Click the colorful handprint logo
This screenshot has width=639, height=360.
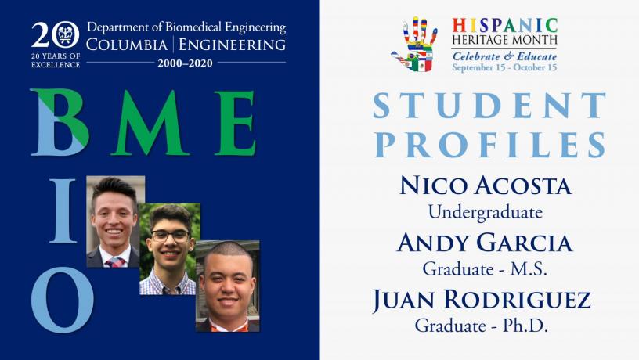pos(414,45)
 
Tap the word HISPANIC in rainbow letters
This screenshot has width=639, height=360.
pos(504,25)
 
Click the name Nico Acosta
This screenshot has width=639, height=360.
pos(485,185)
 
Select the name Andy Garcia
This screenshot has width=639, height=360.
pos(485,243)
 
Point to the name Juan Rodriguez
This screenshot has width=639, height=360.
pos(482,300)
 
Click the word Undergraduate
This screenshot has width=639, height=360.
pos(486,212)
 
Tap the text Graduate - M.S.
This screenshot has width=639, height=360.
pos(485,268)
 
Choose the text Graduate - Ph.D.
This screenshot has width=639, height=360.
pos(482,326)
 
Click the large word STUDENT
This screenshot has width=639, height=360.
pos(489,106)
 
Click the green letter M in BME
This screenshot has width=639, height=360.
pos(150,123)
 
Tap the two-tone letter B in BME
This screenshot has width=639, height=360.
pos(60,122)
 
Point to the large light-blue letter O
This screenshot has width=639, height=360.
pos(62,299)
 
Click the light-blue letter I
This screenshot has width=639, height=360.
pos(63,211)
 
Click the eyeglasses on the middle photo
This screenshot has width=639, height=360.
pos(171,236)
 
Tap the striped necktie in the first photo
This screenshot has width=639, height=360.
pos(115,262)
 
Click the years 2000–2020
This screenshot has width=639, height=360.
pos(185,63)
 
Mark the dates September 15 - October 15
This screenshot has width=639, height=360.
pos(504,67)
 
